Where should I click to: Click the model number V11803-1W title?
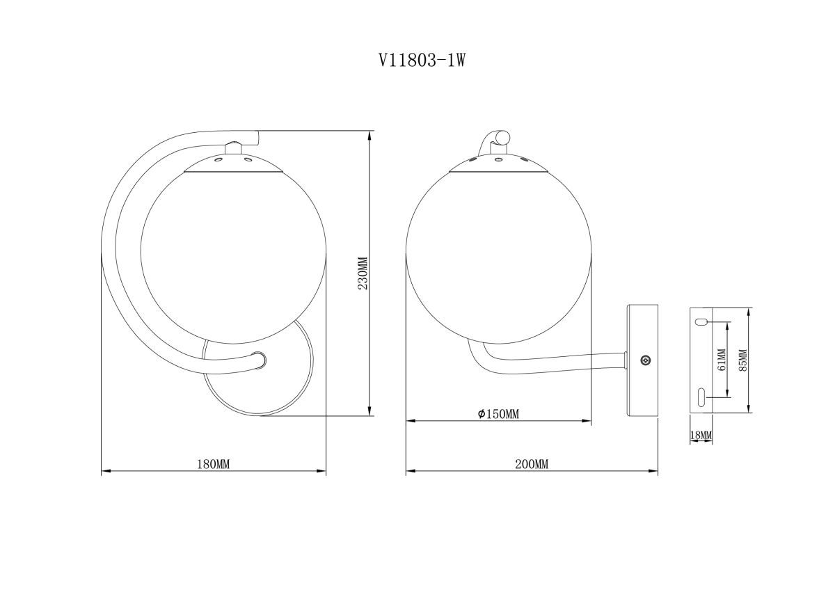coord(421,61)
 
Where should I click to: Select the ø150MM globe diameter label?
coord(498,415)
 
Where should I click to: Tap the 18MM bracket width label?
coord(701,436)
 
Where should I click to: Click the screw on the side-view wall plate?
coord(645,360)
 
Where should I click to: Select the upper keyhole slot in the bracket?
coord(701,322)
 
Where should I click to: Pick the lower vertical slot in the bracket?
coord(701,396)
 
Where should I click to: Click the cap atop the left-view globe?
coord(233,163)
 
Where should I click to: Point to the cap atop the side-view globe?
coord(498,164)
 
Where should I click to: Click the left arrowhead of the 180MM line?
coord(105,472)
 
